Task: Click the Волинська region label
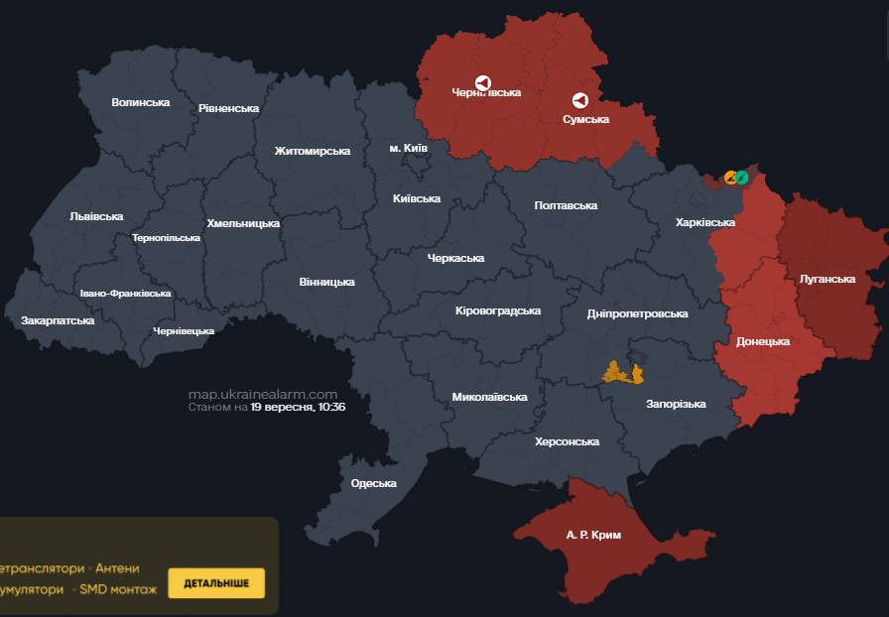(140, 102)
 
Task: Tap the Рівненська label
(228, 108)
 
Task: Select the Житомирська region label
(313, 151)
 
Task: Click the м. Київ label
(408, 148)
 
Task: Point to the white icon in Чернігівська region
(483, 83)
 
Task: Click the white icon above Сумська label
(580, 100)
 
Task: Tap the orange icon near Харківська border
(731, 178)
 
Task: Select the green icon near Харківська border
(742, 178)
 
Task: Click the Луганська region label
(826, 279)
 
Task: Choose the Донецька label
(762, 341)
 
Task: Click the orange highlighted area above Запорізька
(622, 374)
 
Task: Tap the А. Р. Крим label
(593, 535)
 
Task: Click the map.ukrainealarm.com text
(263, 394)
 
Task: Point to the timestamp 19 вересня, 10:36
(298, 407)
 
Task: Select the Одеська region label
(373, 483)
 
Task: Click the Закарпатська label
(58, 320)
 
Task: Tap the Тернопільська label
(166, 238)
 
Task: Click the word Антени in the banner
(117, 568)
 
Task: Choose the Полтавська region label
(566, 205)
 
